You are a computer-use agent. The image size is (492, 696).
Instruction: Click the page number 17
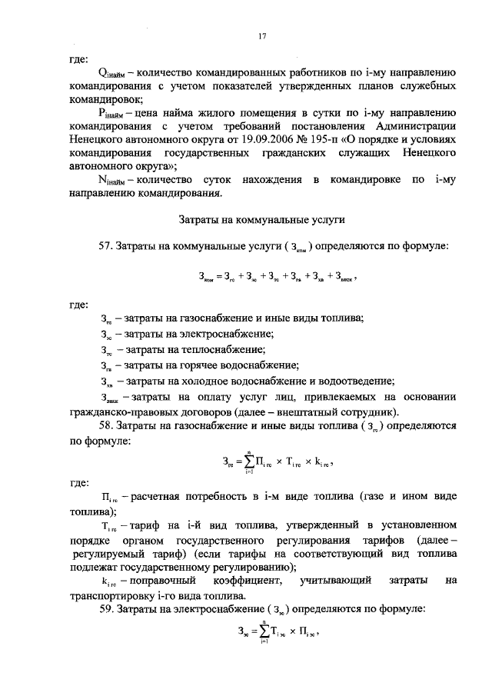[x=262, y=34]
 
